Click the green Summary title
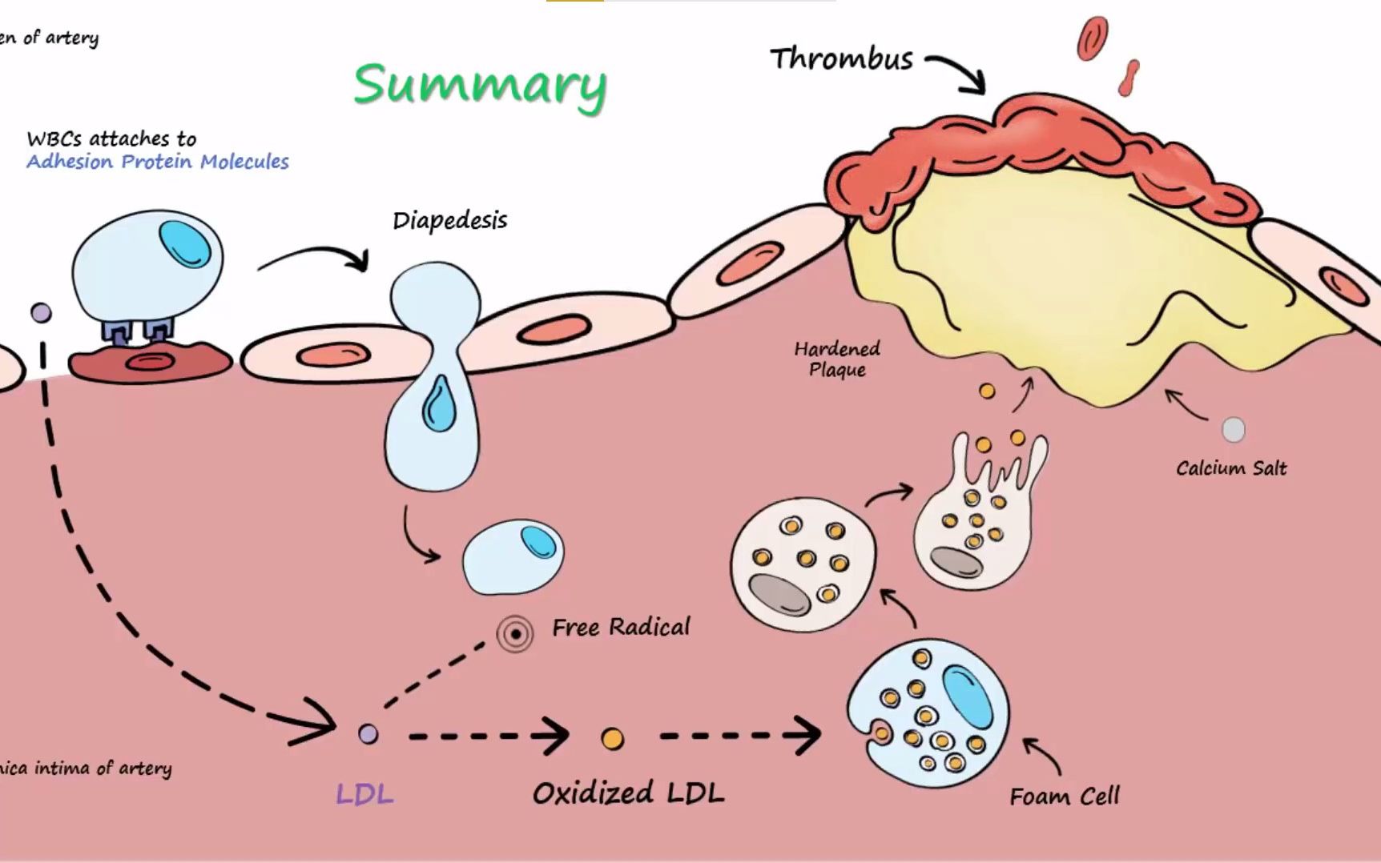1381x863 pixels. tap(480, 85)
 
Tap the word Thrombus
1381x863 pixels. tap(841, 59)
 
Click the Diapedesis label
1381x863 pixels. tap(449, 221)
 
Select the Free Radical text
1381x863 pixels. tap(620, 627)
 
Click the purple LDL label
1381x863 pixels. tap(364, 794)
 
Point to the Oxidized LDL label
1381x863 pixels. tap(628, 793)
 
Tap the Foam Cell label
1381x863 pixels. tap(1064, 797)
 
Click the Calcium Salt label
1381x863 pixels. tap(1231, 468)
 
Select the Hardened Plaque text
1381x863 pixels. tap(837, 359)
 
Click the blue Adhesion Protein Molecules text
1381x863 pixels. tap(157, 162)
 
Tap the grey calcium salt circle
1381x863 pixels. tap(1233, 430)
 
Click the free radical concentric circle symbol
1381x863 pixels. tap(515, 634)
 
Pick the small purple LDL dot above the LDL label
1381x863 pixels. tap(368, 733)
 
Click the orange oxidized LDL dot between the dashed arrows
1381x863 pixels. tap(612, 738)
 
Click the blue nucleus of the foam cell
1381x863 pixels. tap(968, 696)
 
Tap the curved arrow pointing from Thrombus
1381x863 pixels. tap(956, 70)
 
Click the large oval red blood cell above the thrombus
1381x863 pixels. tap(1092, 38)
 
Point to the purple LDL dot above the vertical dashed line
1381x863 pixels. tap(41, 312)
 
